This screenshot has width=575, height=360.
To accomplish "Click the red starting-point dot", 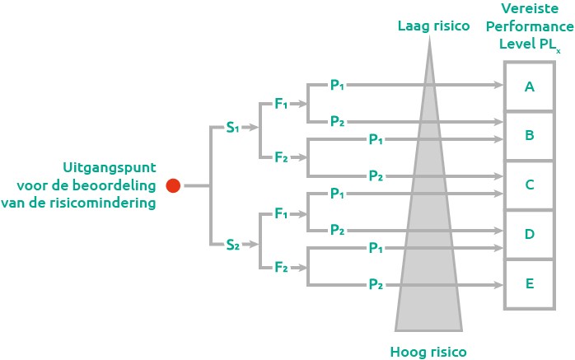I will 173,185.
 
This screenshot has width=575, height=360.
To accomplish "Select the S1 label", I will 232,129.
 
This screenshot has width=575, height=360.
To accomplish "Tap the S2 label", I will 233,244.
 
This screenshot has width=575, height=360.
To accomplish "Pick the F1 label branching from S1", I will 282,105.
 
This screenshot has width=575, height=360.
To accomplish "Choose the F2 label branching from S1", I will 282,157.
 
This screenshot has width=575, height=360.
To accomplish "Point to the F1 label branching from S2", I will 282,215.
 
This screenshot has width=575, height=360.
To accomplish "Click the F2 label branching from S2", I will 282,267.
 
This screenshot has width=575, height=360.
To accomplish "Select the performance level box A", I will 529,86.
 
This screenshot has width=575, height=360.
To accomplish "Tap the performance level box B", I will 529,135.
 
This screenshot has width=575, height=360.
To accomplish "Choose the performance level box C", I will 529,185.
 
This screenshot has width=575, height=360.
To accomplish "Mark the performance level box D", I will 529,234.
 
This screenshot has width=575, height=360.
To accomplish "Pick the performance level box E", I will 529,283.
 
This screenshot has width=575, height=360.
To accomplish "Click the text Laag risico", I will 432,26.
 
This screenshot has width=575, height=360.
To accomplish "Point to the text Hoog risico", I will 428,352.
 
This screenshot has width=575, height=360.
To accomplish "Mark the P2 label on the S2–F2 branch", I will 376,284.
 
